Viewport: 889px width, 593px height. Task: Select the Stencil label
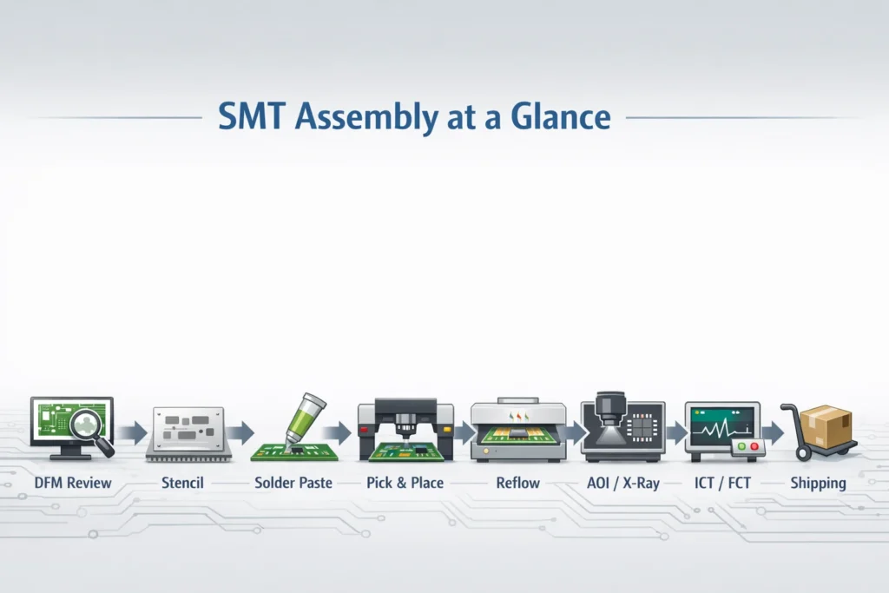click(182, 482)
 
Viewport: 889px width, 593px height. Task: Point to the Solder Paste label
click(293, 482)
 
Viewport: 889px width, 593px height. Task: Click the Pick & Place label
click(404, 482)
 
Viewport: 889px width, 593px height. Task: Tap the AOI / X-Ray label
click(622, 482)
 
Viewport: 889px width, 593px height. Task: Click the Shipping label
click(818, 482)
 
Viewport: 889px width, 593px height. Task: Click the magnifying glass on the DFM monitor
click(91, 427)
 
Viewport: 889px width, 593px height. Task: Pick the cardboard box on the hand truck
click(825, 425)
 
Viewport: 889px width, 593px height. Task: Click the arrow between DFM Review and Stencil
click(133, 432)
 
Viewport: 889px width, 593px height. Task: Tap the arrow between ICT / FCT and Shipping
click(772, 432)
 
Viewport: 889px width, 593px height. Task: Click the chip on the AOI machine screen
click(643, 428)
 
